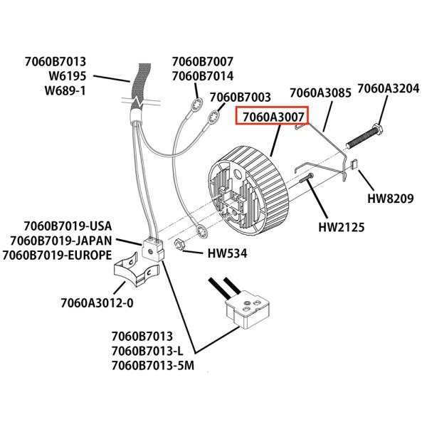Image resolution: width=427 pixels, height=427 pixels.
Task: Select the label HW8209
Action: coord(390,199)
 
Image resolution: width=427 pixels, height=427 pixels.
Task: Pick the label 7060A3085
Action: coord(320,94)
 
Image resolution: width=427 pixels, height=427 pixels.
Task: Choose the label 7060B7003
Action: coord(241,97)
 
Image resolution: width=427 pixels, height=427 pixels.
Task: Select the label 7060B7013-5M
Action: coord(153,366)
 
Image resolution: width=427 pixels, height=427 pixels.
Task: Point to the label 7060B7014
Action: coord(202,76)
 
